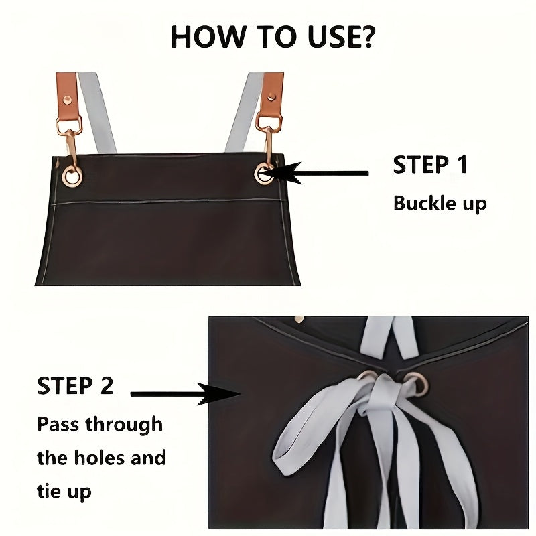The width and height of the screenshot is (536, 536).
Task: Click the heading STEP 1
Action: pos(429,165)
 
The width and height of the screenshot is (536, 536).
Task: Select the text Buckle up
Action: pos(440,203)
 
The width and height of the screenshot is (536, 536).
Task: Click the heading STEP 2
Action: pos(75,386)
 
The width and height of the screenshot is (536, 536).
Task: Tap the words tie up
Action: pos(64,492)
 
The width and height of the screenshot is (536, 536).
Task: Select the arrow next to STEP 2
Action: pos(181,395)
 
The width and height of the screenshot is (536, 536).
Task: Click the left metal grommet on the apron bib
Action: pos(71,176)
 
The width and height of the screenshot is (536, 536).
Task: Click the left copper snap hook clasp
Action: pos(70,141)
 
